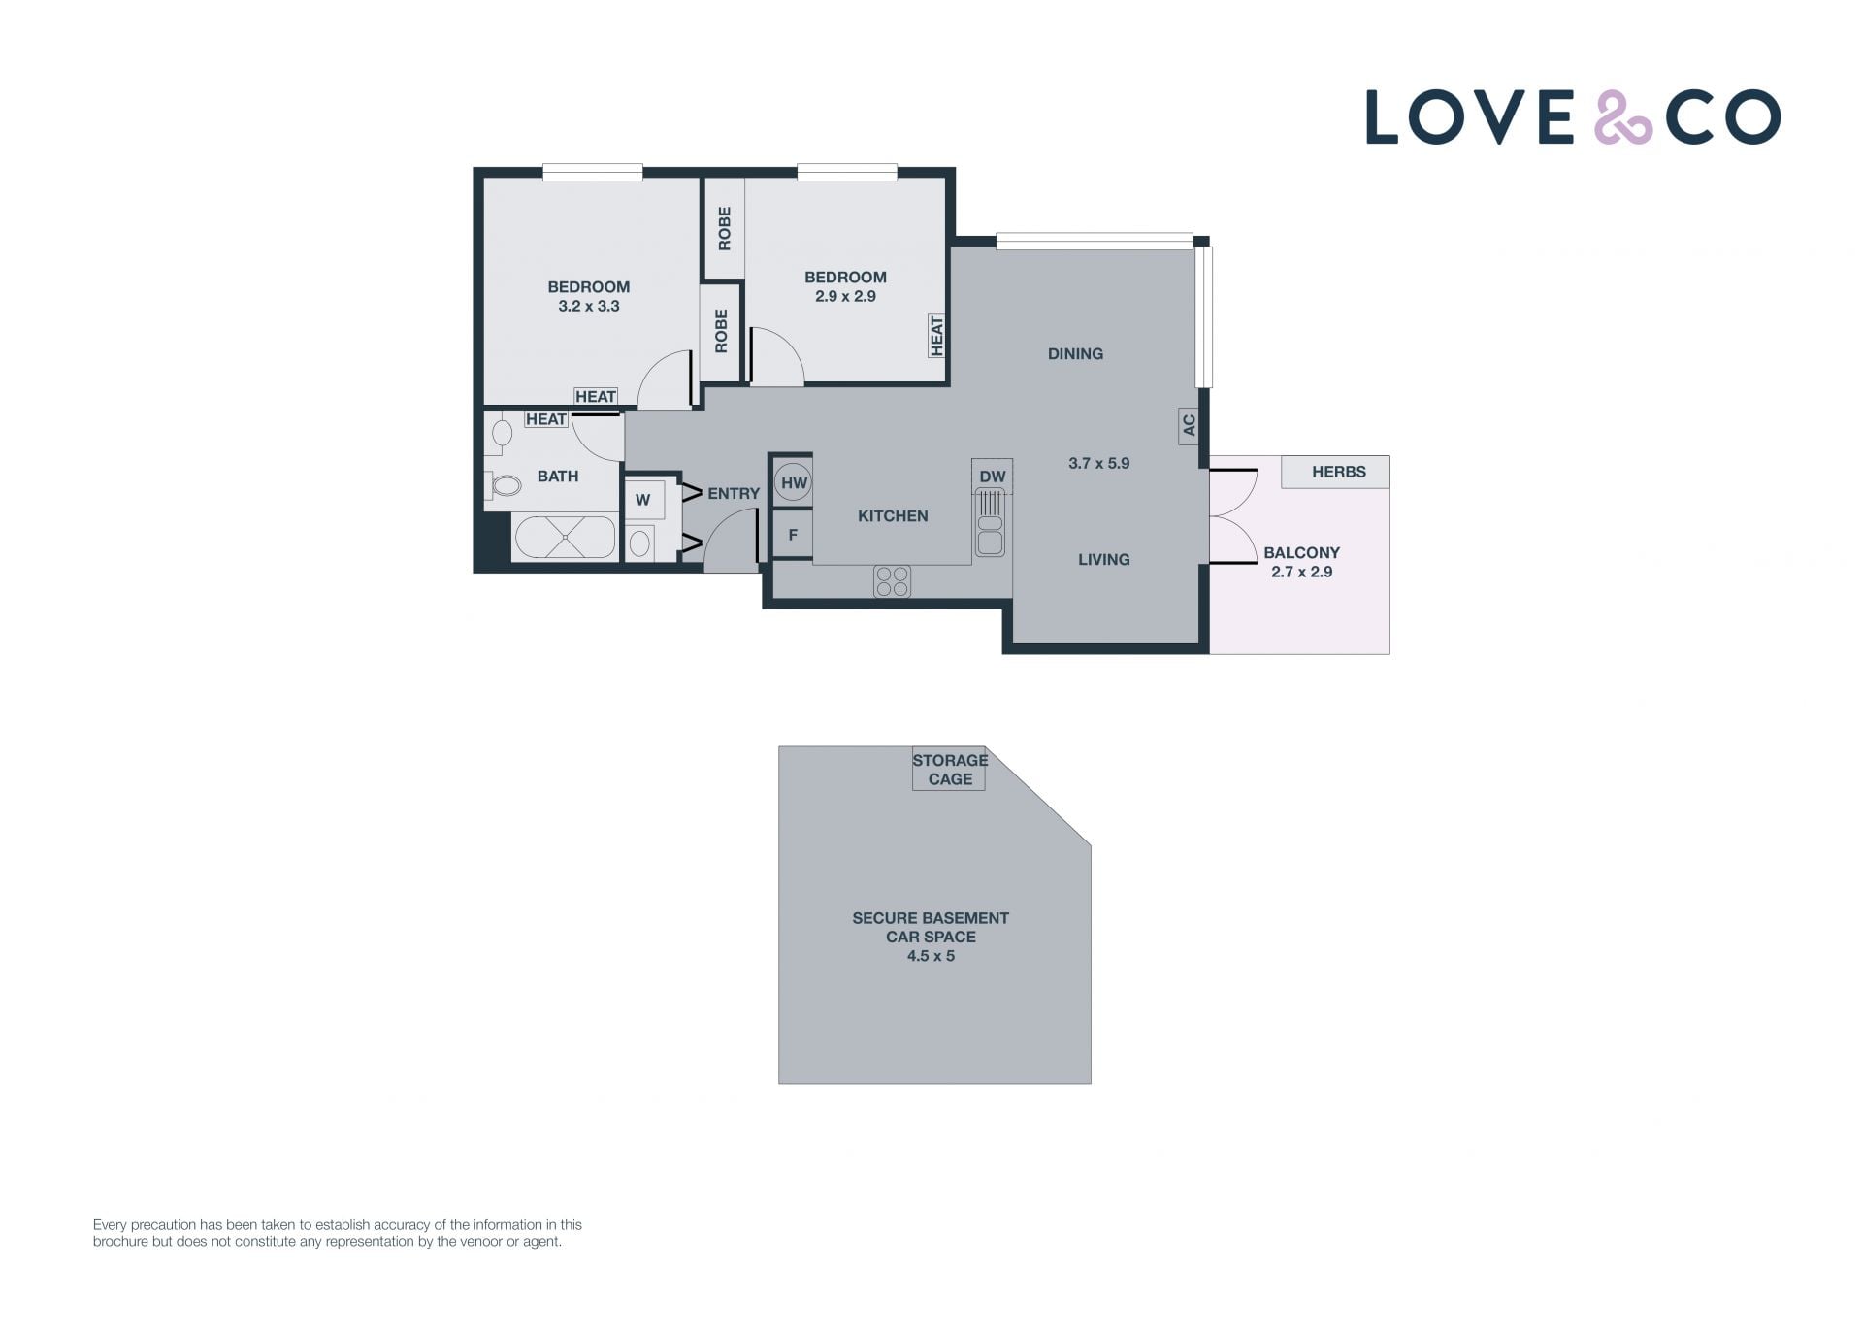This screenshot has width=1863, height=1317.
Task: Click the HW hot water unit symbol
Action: [x=794, y=482]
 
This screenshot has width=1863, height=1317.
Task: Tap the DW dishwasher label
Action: [x=992, y=477]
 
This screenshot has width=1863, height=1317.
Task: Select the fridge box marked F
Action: [x=793, y=535]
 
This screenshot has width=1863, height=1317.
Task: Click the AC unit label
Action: [x=1189, y=425]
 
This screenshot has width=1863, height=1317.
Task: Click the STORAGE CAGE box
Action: [x=949, y=769]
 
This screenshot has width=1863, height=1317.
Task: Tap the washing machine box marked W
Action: [x=643, y=501]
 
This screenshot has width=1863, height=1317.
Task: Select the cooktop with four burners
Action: [x=892, y=581]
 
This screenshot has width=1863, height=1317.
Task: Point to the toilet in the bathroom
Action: [x=502, y=484]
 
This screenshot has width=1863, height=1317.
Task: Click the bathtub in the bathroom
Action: [x=564, y=538]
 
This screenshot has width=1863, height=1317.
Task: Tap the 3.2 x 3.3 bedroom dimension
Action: [x=589, y=306]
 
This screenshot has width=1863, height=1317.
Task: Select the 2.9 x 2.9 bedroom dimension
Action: [x=845, y=296]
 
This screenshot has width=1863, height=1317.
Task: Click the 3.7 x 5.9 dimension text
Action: [x=1099, y=463]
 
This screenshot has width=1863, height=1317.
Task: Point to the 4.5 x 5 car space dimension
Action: [x=931, y=956]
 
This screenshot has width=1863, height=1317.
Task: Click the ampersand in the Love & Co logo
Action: [x=1623, y=117]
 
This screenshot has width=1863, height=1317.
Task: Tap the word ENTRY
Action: [x=734, y=493]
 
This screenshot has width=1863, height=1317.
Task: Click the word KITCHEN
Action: [x=893, y=516]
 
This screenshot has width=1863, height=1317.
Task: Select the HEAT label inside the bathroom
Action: [x=545, y=419]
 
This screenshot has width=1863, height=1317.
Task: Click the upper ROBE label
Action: [x=724, y=229]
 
